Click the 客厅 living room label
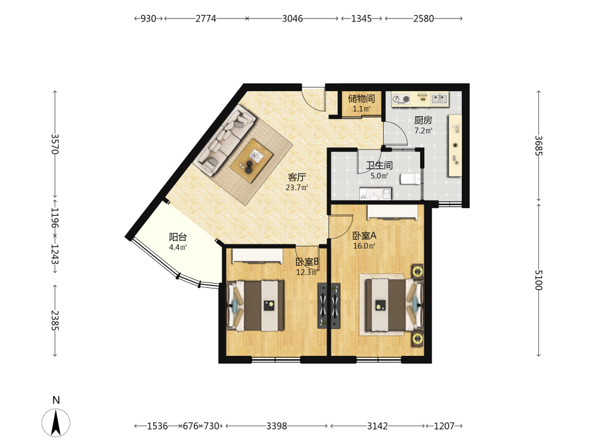[x=297, y=177]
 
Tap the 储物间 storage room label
[x=362, y=99]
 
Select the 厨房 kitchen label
[x=423, y=120]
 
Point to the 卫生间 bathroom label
[x=379, y=165]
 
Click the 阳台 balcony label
[x=178, y=237]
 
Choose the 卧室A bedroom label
[x=364, y=235]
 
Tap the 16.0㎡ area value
[x=364, y=246]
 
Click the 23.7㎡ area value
[x=296, y=187]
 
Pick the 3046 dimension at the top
[x=292, y=18]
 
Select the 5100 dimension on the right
[x=539, y=280]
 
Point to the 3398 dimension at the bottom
[x=277, y=426]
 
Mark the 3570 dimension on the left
[x=55, y=144]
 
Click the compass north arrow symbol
[x=56, y=423]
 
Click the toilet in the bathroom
[x=410, y=179]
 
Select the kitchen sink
[x=439, y=99]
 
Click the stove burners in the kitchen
[x=401, y=99]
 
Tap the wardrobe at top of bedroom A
[x=392, y=212]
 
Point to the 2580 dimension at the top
[x=423, y=18]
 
